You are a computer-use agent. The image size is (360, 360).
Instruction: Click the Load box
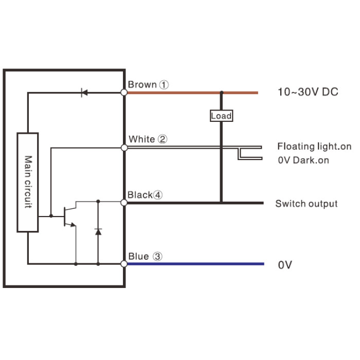point(221,116)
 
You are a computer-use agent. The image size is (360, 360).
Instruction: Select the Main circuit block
point(28,182)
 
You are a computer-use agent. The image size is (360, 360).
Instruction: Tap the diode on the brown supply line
point(84,93)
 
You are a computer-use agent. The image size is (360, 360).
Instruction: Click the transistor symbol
point(69,217)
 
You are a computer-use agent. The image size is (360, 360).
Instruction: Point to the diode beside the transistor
point(98,232)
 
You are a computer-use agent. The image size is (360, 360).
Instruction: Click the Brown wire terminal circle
point(124,93)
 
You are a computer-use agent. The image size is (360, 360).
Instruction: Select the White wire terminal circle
point(124,148)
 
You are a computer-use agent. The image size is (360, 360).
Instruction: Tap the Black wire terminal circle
point(124,203)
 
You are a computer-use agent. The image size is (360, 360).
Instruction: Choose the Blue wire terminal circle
point(124,264)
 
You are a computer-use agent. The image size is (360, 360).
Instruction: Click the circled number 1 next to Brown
point(164,85)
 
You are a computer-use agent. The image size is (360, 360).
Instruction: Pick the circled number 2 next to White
point(163,139)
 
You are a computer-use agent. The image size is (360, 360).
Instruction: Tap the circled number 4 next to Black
point(157,195)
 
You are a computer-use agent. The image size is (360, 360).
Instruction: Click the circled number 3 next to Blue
point(157,256)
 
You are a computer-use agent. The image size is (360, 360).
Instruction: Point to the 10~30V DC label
point(308,92)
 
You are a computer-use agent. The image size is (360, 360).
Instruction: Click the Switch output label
point(307,204)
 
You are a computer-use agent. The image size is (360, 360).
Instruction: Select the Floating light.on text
point(314,146)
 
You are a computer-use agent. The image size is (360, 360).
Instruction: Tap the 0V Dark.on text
point(303,160)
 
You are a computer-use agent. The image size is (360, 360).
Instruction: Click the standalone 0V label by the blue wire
point(285,265)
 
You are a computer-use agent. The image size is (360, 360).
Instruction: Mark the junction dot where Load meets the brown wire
point(222,93)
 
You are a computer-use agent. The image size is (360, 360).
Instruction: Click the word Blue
point(138,256)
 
